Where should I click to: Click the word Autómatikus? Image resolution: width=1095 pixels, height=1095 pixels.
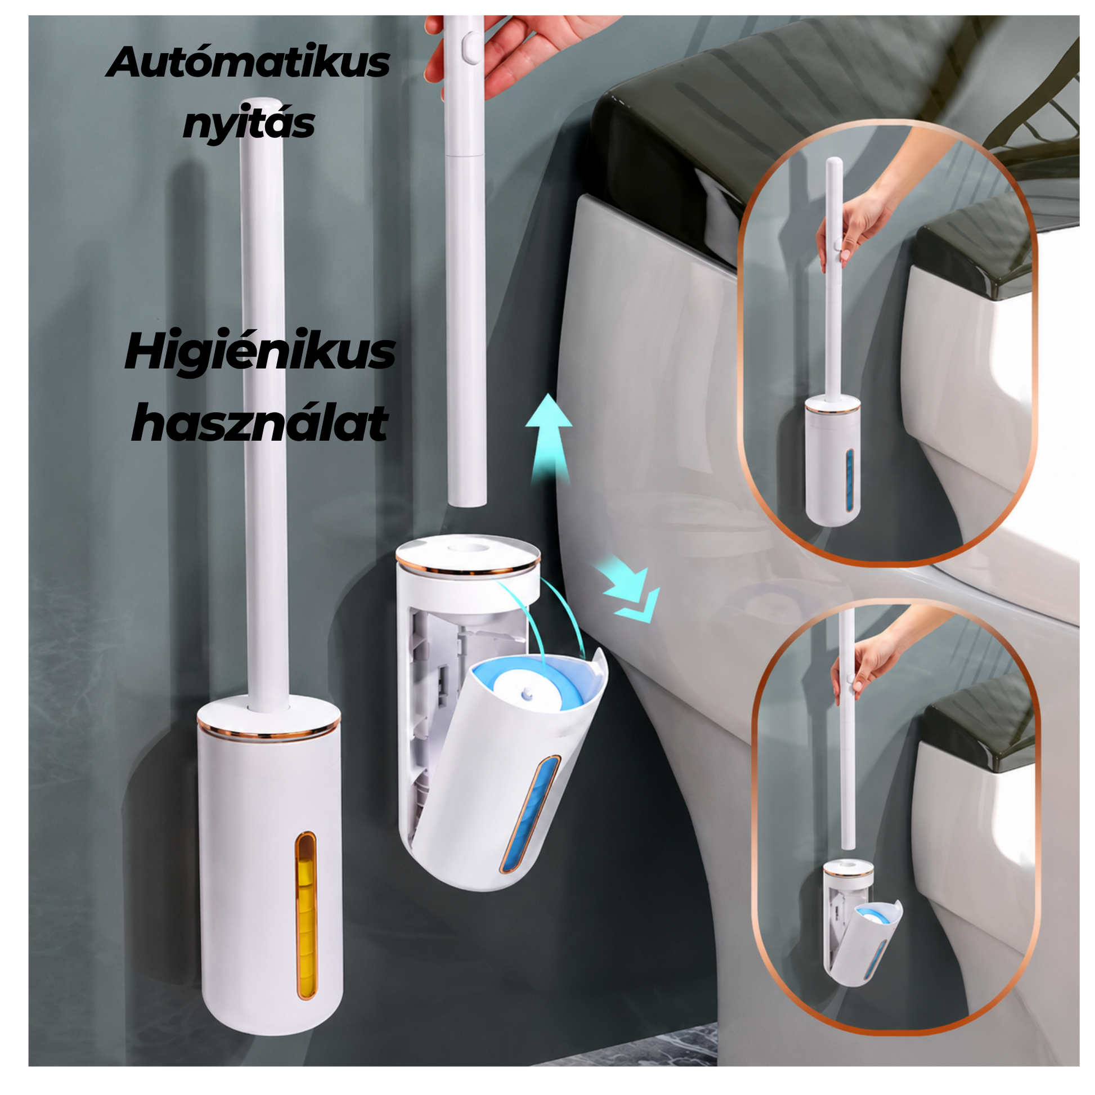[x=248, y=63]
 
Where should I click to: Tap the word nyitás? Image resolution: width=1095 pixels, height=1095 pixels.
[x=248, y=124]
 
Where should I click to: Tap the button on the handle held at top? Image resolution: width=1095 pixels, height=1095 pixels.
[x=469, y=49]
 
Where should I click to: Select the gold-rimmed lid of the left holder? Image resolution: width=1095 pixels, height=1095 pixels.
[x=268, y=719]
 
